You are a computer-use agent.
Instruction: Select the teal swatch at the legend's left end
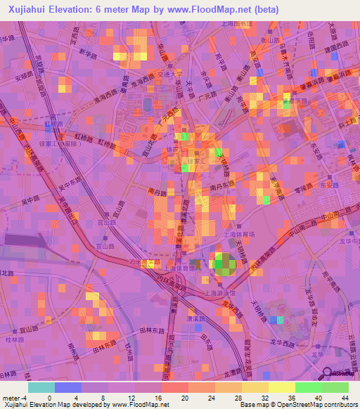(x=41, y=387)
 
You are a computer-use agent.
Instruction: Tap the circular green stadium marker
(x=226, y=264)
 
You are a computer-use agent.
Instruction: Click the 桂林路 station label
(x=16, y=339)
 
